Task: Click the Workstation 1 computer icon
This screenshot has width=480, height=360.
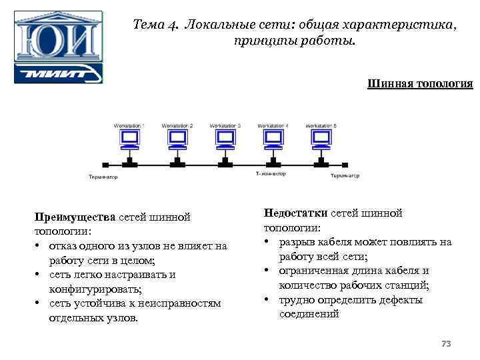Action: pyautogui.click(x=129, y=139)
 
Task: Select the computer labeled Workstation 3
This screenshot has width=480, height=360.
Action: pyautogui.click(x=225, y=139)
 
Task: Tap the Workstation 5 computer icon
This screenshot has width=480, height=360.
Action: pyautogui.click(x=321, y=139)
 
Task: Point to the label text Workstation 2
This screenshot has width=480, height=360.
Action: pyautogui.click(x=177, y=125)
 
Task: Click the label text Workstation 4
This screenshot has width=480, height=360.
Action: pyautogui.click(x=273, y=125)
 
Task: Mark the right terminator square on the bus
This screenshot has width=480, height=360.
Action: pyautogui.click(x=346, y=163)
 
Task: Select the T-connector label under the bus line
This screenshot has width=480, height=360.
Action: pyautogui.click(x=271, y=174)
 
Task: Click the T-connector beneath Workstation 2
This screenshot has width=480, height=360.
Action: pyautogui.click(x=177, y=162)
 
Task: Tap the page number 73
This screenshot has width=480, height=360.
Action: pyautogui.click(x=446, y=343)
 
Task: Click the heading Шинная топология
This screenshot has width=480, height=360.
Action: pyautogui.click(x=420, y=84)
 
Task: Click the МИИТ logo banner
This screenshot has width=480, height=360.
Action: pyautogui.click(x=58, y=73)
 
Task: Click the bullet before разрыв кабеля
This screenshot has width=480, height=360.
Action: pyautogui.click(x=267, y=242)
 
